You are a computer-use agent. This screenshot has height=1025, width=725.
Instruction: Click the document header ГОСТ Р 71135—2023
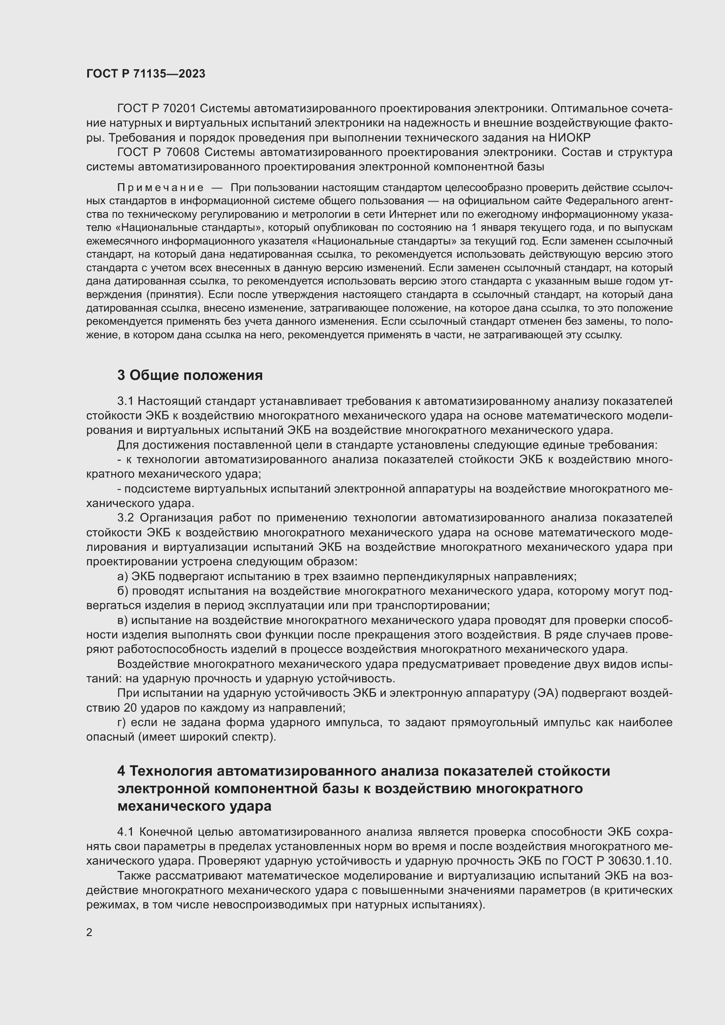pyautogui.click(x=146, y=74)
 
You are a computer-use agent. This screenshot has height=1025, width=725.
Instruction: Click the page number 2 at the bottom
pyautogui.click(x=89, y=932)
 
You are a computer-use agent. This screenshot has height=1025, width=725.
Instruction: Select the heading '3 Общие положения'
pyautogui.click(x=190, y=376)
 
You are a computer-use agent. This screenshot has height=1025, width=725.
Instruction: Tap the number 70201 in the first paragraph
pyautogui.click(x=177, y=109)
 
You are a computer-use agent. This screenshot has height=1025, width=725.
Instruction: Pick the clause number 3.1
pyautogui.click(x=125, y=401)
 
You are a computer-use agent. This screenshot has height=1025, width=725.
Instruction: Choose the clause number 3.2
pyautogui.click(x=125, y=518)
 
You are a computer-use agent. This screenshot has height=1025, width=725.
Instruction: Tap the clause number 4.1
pyautogui.click(x=125, y=832)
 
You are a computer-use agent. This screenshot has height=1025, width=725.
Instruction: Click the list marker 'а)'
pyautogui.click(x=122, y=576)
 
